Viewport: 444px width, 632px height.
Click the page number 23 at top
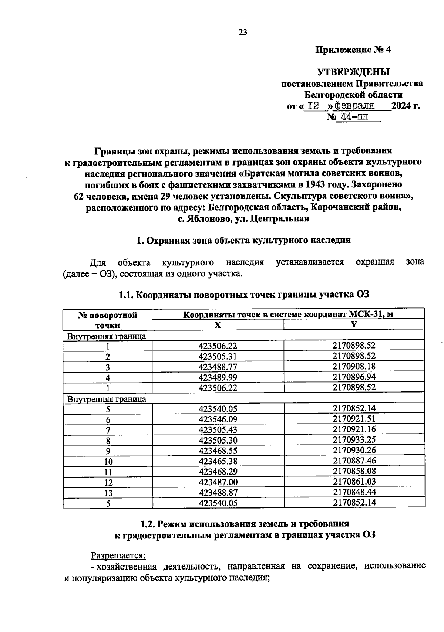pyautogui.click(x=243, y=32)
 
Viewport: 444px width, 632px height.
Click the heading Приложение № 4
pyautogui.click(x=353, y=50)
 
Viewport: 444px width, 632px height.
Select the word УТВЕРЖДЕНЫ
pyautogui.click(x=353, y=72)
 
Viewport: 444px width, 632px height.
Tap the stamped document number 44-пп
pyautogui.click(x=351, y=118)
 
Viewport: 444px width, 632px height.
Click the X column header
pyautogui.click(x=218, y=325)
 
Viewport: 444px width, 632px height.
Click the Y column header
pyautogui.click(x=354, y=325)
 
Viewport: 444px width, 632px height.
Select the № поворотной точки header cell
pyautogui.click(x=108, y=320)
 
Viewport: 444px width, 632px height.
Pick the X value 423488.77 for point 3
pyautogui.click(x=218, y=367)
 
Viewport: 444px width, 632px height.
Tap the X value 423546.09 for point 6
pyautogui.click(x=218, y=419)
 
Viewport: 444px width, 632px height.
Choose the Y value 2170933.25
pyautogui.click(x=354, y=440)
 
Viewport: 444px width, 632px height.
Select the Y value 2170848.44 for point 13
pyautogui.click(x=354, y=492)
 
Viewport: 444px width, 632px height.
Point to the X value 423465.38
pyautogui.click(x=218, y=461)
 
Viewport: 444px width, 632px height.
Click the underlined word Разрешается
pyautogui.click(x=118, y=555)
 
